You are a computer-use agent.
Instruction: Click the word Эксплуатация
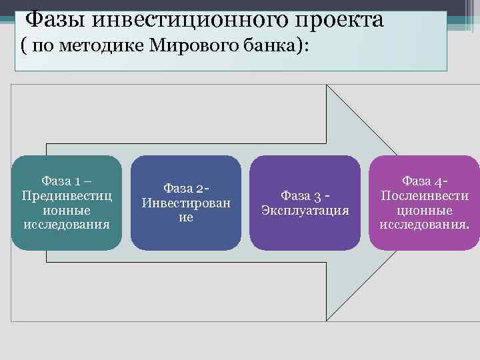[305, 211]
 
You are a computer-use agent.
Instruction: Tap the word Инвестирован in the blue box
[186, 203]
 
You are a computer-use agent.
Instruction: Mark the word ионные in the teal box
[67, 210]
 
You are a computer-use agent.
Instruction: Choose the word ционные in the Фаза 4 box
[425, 210]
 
